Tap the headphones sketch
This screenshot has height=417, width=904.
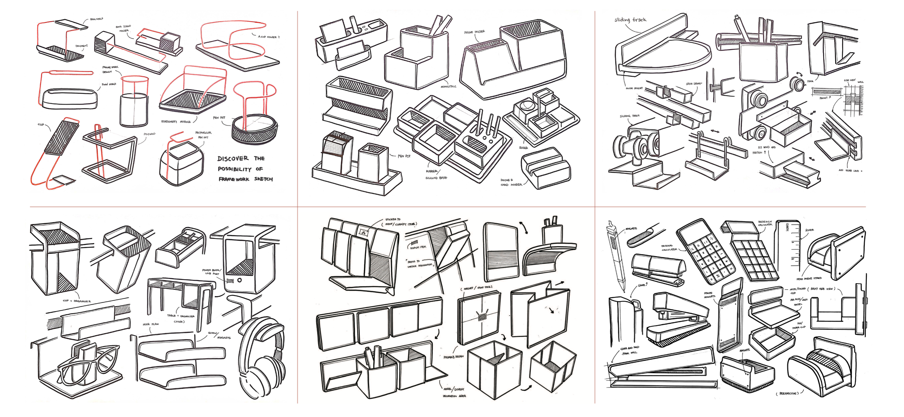(x=262, y=358)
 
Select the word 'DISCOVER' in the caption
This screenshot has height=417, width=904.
(x=233, y=159)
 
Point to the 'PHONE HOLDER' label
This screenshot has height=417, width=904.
(x=475, y=32)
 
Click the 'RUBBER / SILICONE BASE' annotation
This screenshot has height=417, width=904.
(x=435, y=175)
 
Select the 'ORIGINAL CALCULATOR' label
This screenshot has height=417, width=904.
(x=669, y=248)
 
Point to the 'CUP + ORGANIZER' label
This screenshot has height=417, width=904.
(x=76, y=301)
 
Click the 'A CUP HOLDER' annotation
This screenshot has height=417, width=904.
(x=268, y=37)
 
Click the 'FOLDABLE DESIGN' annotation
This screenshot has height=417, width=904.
(x=453, y=357)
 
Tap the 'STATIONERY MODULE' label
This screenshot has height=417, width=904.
(x=176, y=122)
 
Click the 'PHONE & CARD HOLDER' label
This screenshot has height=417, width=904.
(x=511, y=182)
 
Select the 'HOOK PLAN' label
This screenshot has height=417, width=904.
(x=151, y=324)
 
